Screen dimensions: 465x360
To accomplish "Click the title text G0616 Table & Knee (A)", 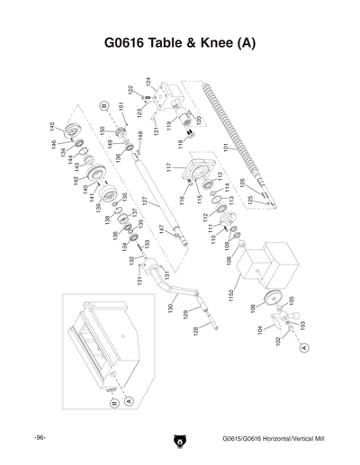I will point(179,43).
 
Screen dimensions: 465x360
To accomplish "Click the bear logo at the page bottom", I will point(179,440).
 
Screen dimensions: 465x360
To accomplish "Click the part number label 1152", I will point(231,294).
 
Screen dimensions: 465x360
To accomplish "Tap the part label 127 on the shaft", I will point(144,202).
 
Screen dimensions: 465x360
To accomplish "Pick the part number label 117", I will point(168,167).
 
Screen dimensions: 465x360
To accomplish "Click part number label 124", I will point(148,82).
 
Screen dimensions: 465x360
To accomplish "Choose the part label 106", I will point(251,309).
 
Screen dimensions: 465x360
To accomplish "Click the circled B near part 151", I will point(104,106).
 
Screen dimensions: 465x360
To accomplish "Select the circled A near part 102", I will point(304,346).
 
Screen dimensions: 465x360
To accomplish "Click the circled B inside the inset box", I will point(114,404).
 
